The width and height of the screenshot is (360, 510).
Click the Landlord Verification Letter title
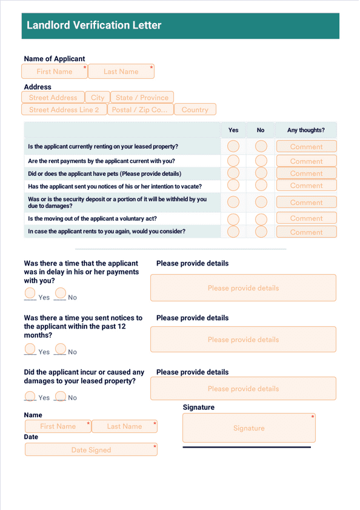pos(94,25)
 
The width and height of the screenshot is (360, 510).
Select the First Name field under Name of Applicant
pos(55,71)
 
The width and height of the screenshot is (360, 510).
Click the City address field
pos(98,97)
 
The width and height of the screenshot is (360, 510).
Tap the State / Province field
pos(142,97)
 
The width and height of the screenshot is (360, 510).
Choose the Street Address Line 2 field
pos(64,109)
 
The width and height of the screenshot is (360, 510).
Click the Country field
pos(195,109)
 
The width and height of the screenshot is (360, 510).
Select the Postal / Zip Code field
pos(140,109)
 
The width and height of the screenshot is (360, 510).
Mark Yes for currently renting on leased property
pos(233,146)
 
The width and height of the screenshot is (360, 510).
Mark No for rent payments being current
pos(261,161)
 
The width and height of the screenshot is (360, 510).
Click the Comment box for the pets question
pos(306,173)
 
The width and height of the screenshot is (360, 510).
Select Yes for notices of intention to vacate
pos(233,185)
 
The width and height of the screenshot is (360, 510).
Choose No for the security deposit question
pos(261,202)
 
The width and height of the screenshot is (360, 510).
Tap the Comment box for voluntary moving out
pos(306,218)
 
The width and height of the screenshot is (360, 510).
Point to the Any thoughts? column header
pos(305,130)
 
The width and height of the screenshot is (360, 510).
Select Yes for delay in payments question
pos(30,294)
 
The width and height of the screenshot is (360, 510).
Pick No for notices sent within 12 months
pos(61,349)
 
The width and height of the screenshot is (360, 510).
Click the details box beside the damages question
pos(243,388)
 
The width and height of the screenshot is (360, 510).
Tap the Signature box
pos(248,428)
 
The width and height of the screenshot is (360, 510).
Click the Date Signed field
pos(91,449)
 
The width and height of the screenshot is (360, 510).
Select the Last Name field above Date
pos(125,426)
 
